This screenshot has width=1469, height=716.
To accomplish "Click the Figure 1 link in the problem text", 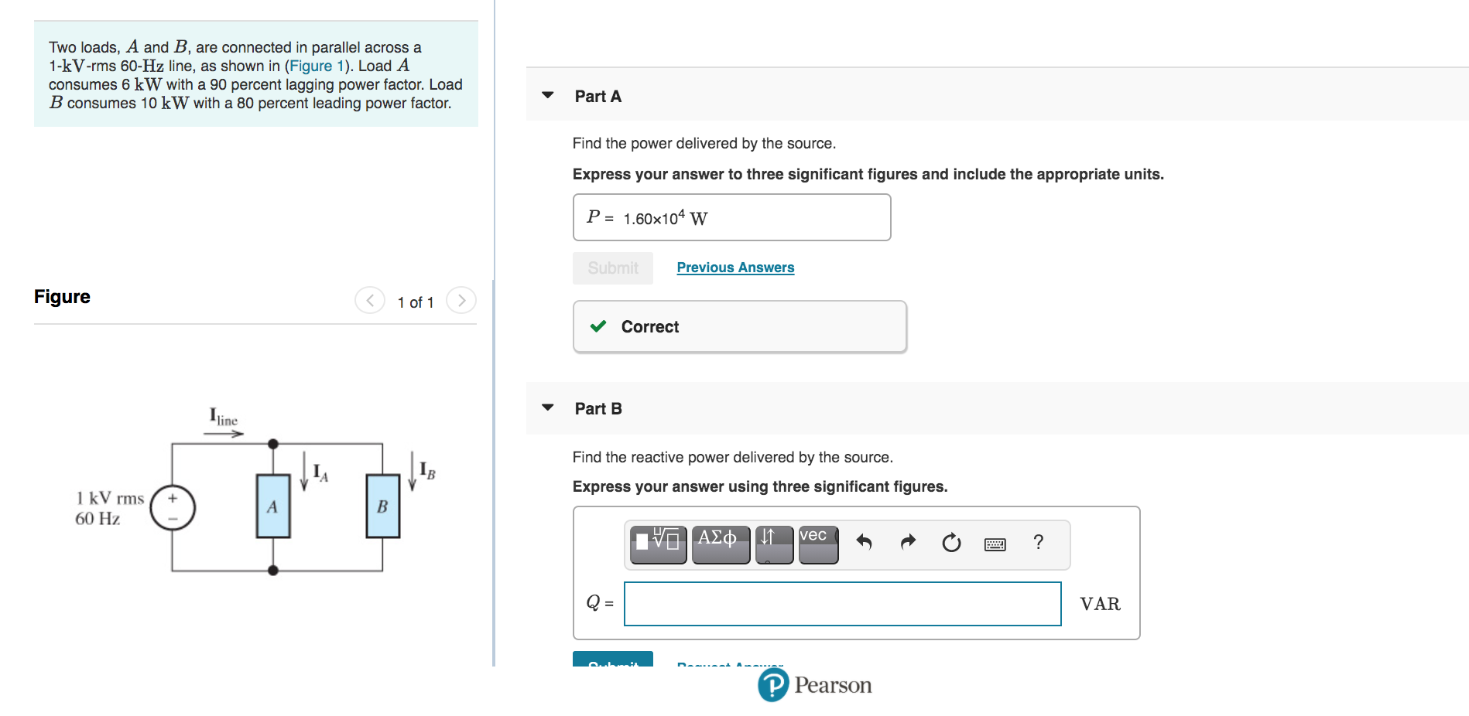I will (316, 66).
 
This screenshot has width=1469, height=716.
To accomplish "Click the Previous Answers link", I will (735, 268).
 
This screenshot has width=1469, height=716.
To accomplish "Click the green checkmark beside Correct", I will (598, 326).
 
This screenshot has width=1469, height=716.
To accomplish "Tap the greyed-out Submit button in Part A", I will (613, 268).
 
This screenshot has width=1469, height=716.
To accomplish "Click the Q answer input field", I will (842, 604).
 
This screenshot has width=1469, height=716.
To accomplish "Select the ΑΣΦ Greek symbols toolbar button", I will (720, 544).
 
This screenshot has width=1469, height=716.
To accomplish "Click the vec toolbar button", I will (818, 544).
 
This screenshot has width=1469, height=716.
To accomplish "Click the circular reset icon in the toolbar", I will (951, 543).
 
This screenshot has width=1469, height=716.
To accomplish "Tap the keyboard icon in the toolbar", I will (995, 544).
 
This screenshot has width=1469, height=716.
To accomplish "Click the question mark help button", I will (1039, 542).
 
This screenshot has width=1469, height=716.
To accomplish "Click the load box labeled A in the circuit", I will (273, 506).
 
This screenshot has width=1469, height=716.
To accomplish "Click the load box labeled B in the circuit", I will (383, 506).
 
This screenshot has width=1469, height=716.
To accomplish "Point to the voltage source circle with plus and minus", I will (173, 508).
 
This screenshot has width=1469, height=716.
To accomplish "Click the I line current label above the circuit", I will (223, 418).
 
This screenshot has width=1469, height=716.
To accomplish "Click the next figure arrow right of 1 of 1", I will (461, 300).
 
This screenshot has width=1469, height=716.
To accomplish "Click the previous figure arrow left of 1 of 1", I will (370, 300).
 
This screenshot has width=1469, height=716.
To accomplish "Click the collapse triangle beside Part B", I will (548, 407).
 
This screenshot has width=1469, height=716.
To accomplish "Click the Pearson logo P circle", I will (773, 685).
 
